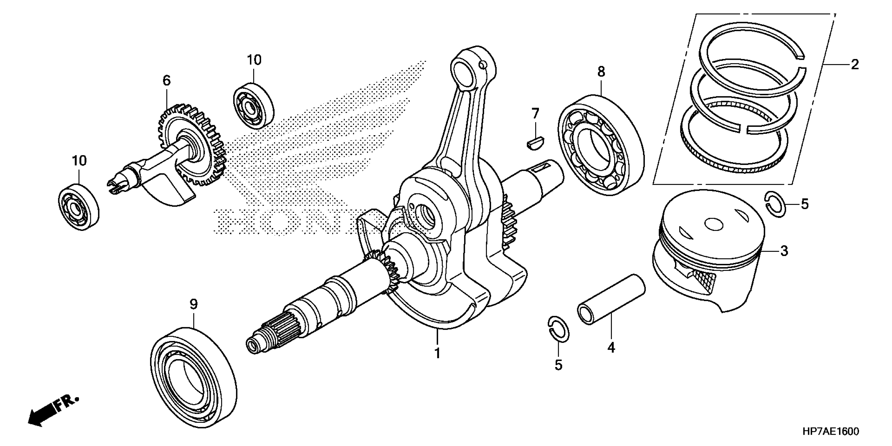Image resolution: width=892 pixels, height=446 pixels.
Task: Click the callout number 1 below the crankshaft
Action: click(437, 353)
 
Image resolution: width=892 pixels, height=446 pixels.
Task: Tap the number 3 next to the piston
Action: click(784, 251)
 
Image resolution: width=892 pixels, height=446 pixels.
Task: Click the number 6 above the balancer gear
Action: click(167, 81)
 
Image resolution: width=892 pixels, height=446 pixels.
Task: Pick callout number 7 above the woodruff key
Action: click(535, 113)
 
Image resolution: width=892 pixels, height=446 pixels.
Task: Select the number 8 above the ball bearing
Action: click(601, 72)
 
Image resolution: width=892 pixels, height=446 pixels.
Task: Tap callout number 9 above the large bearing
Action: click(194, 304)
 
